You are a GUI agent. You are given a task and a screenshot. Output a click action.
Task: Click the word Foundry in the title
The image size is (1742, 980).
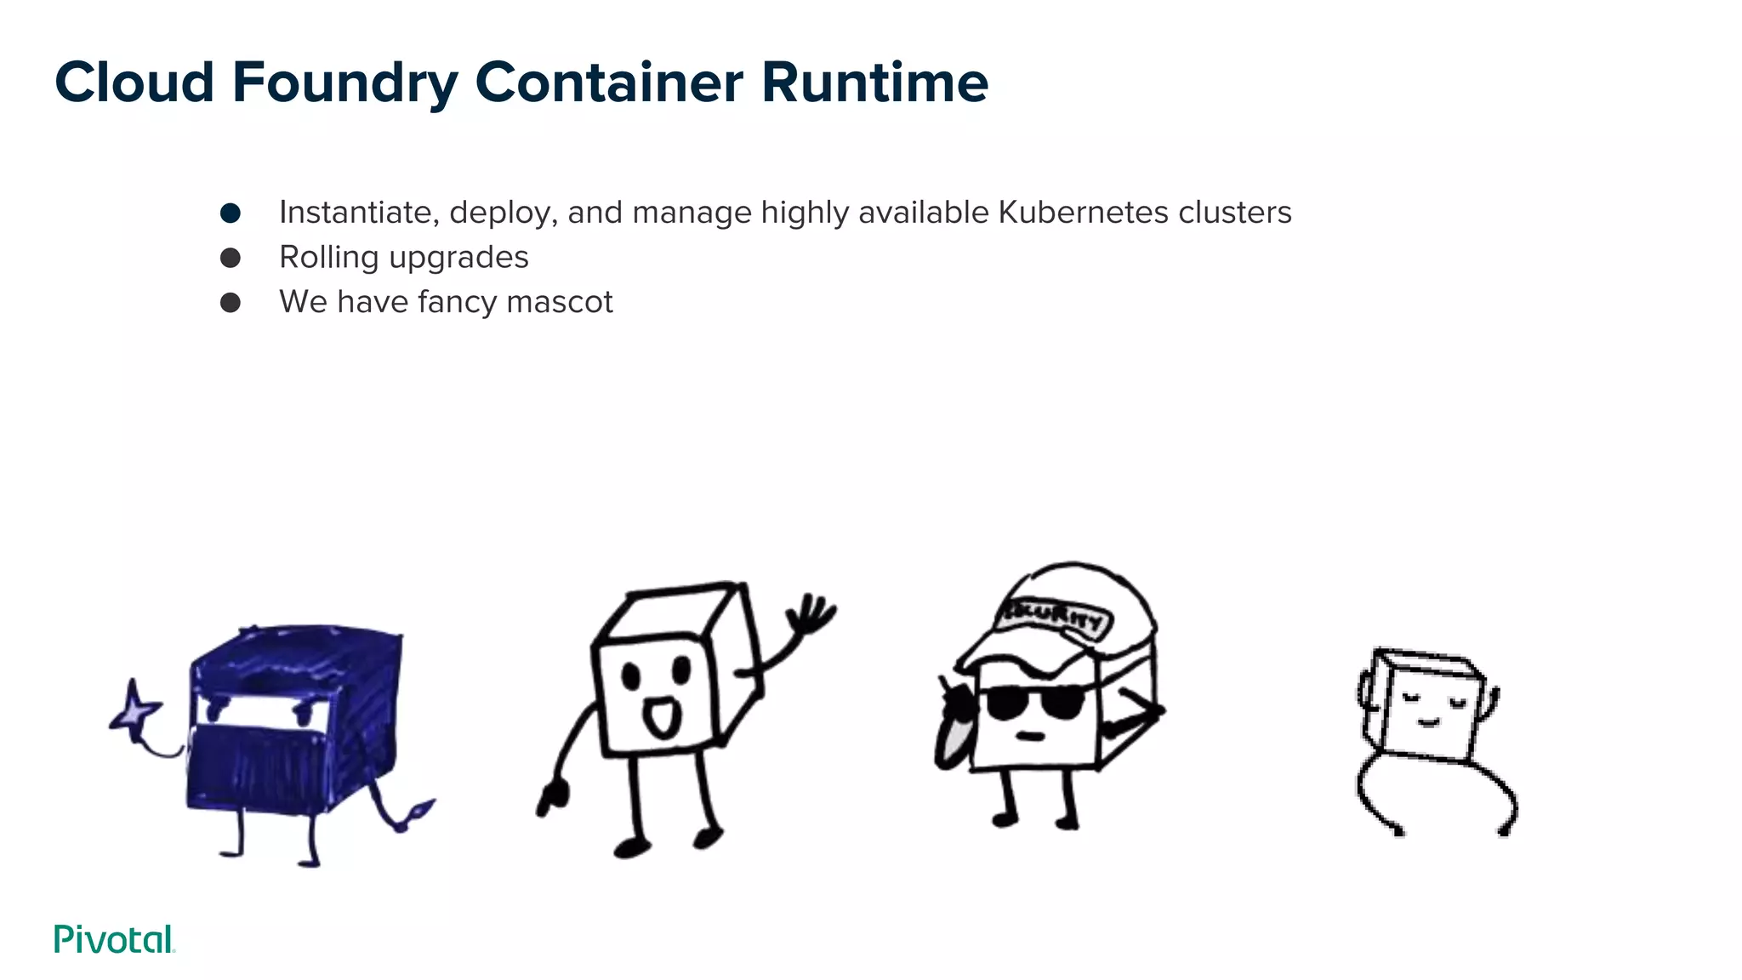(x=344, y=83)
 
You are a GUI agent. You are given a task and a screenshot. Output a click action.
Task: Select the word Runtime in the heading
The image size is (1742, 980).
(x=874, y=83)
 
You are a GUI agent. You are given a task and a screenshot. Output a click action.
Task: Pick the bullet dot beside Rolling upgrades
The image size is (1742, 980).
(x=230, y=258)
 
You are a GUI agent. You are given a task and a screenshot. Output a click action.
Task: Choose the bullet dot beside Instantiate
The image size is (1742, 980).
(x=230, y=213)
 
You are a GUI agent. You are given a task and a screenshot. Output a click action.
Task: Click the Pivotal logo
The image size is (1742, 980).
(x=114, y=939)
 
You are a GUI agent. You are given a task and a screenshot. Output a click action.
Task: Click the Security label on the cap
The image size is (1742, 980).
(x=1055, y=617)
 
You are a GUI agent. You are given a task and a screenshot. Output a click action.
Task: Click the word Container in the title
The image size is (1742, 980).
(x=609, y=83)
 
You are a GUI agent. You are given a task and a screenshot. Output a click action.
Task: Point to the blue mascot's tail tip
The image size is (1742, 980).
(x=421, y=808)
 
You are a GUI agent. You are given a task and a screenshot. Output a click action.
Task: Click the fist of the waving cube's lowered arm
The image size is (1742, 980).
(x=552, y=797)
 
